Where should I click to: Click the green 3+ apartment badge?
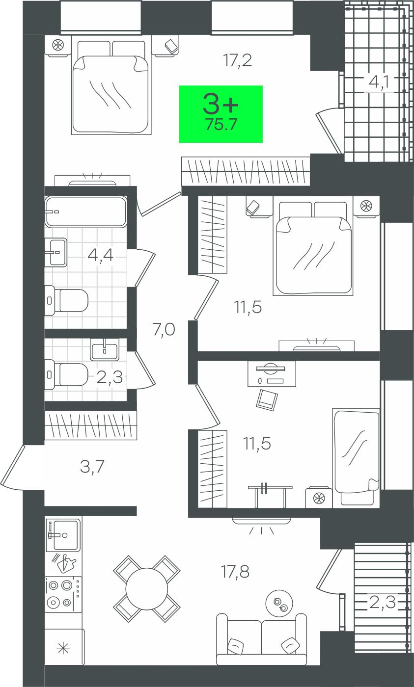click(x=221, y=114)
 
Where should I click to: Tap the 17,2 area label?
click(x=238, y=60)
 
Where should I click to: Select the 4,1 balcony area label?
click(x=379, y=81)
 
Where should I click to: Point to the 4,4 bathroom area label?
click(x=100, y=255)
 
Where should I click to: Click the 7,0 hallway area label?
click(x=164, y=330)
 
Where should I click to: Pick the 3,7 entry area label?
click(x=92, y=467)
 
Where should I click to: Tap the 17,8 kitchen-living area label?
click(x=235, y=572)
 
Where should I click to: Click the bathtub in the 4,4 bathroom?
click(x=85, y=211)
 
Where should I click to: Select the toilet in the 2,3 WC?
click(x=66, y=374)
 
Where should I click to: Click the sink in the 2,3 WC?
click(x=105, y=349)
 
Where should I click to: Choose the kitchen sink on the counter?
click(x=63, y=535)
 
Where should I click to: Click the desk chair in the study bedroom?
click(x=267, y=399)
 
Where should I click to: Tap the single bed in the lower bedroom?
click(x=356, y=457)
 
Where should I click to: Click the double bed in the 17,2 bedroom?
click(x=111, y=87)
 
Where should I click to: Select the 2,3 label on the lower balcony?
click(x=382, y=602)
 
